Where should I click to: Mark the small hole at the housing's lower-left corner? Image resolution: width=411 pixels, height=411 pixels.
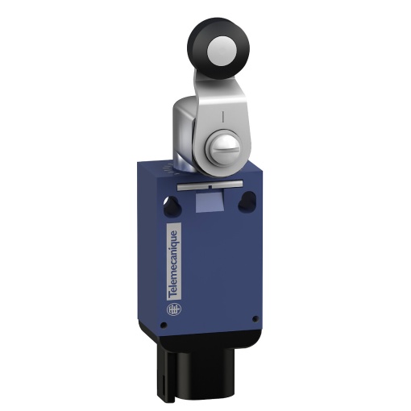tap(164, 326)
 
